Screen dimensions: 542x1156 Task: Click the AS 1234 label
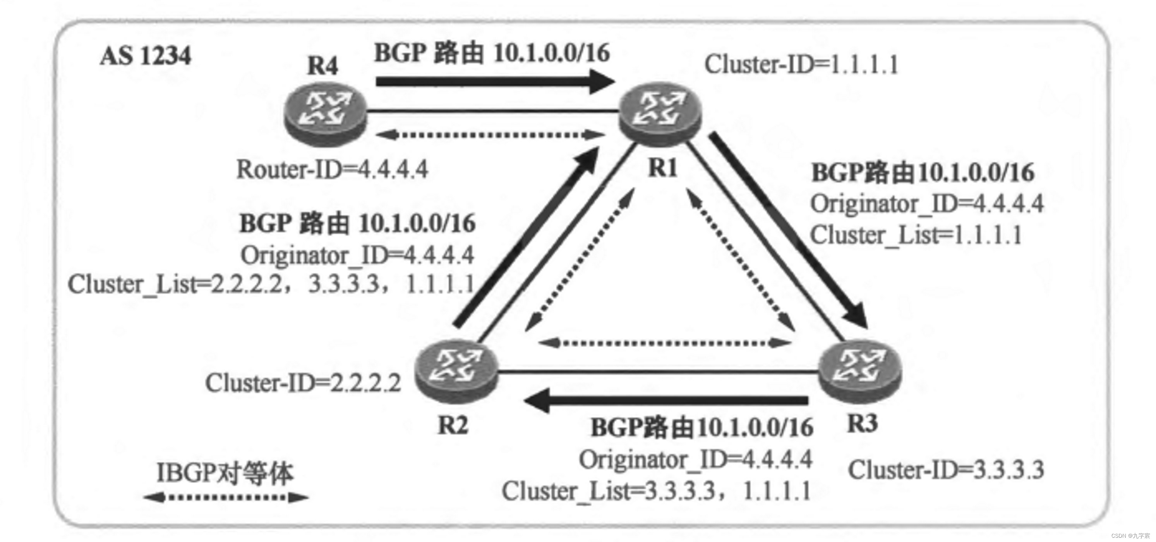[x=146, y=56]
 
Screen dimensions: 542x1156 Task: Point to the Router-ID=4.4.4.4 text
[x=332, y=170]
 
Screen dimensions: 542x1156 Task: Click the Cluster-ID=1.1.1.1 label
[x=801, y=65]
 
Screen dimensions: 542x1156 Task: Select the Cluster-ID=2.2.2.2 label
[x=303, y=384]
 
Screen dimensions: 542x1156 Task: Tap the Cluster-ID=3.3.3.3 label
[x=946, y=471]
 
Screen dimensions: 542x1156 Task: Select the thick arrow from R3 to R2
[x=664, y=400]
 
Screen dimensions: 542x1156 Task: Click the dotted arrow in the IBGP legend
[x=226, y=497]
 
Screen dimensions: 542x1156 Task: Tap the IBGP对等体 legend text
[x=225, y=473]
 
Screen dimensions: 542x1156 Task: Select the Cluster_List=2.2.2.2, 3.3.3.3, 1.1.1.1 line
[x=271, y=285]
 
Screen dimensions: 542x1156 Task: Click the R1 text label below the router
[x=663, y=169]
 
